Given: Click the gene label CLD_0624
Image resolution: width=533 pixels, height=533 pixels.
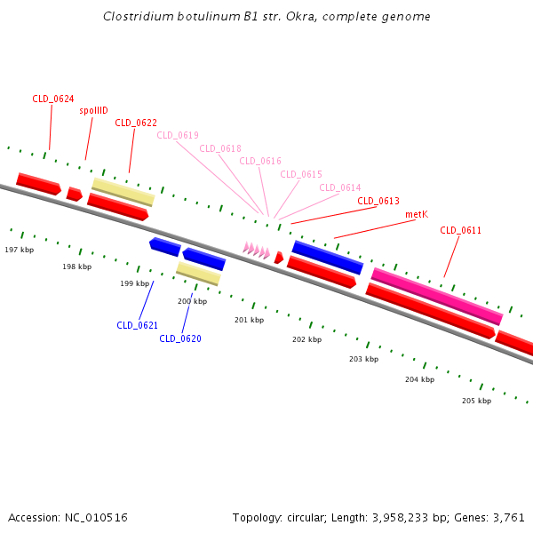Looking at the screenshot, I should (52, 99).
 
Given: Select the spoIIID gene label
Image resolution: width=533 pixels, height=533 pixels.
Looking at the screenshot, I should (93, 110).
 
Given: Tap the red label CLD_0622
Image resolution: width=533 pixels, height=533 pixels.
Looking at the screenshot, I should (136, 123).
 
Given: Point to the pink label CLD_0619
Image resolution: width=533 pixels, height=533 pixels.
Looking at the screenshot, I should (178, 135).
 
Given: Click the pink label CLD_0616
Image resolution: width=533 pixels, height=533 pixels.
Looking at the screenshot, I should (260, 161).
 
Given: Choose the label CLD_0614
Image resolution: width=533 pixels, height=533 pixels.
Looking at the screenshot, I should (340, 187).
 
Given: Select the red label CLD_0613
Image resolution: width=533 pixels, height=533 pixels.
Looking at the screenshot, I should (378, 201).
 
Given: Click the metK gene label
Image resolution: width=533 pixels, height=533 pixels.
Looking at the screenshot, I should (417, 214).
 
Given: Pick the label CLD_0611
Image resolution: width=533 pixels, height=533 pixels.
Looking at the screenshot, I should (461, 230).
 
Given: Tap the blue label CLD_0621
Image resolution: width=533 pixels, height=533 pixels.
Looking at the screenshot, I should (137, 325).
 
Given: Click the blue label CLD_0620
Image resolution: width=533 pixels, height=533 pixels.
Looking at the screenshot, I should (180, 338).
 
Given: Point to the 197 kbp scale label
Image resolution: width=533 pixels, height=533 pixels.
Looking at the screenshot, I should (19, 250).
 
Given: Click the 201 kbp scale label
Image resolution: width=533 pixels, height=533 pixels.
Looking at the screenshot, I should (249, 320).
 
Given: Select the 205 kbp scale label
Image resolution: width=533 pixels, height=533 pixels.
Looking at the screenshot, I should (476, 401).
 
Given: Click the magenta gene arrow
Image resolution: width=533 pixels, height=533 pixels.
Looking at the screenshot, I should (436, 295).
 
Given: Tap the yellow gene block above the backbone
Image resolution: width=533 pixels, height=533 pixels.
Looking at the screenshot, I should (123, 191).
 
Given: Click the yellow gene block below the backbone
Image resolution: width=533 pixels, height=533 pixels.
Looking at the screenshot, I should (198, 273).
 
